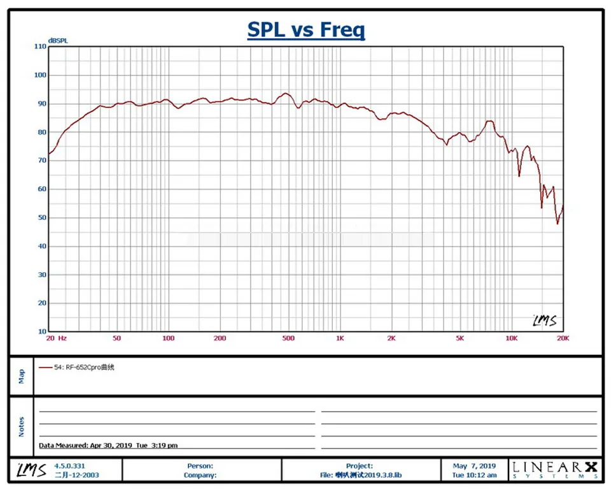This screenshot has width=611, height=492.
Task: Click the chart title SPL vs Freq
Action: coord(305,30)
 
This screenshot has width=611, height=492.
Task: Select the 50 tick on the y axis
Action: coord(41,218)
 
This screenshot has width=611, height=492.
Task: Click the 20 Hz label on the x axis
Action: coord(56,338)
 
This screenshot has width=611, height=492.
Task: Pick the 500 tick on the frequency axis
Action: coord(288,338)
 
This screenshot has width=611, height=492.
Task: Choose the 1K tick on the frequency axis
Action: coord(340,338)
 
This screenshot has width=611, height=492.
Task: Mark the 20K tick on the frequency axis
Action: coord(562,338)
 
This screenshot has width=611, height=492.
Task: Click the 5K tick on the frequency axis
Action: coord(460,338)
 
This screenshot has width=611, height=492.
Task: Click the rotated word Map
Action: coord(22,377)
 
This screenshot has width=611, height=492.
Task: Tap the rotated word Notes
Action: coord(22,426)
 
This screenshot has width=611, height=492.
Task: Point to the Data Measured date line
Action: coord(108,445)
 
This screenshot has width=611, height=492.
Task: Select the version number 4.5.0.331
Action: coord(69,466)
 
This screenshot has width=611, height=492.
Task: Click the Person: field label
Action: coord(200,466)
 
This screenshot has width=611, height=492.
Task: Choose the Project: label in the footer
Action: coord(360,466)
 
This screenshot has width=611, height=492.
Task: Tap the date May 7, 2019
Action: coord(474,466)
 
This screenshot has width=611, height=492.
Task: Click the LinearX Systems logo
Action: coord(554,470)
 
